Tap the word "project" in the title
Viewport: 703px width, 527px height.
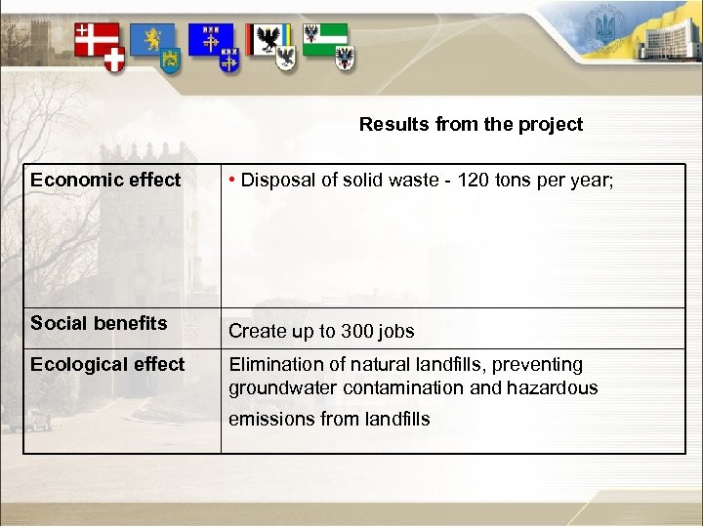552,124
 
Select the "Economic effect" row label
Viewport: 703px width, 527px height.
105,180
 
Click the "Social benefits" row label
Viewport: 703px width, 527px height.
99,323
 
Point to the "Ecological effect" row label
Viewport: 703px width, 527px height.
107,364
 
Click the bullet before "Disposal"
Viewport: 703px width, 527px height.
231,180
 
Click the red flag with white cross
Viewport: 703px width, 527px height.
96,39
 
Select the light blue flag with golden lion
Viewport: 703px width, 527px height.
152,39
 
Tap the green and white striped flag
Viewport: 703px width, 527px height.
326,39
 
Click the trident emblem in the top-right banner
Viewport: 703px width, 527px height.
604,28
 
